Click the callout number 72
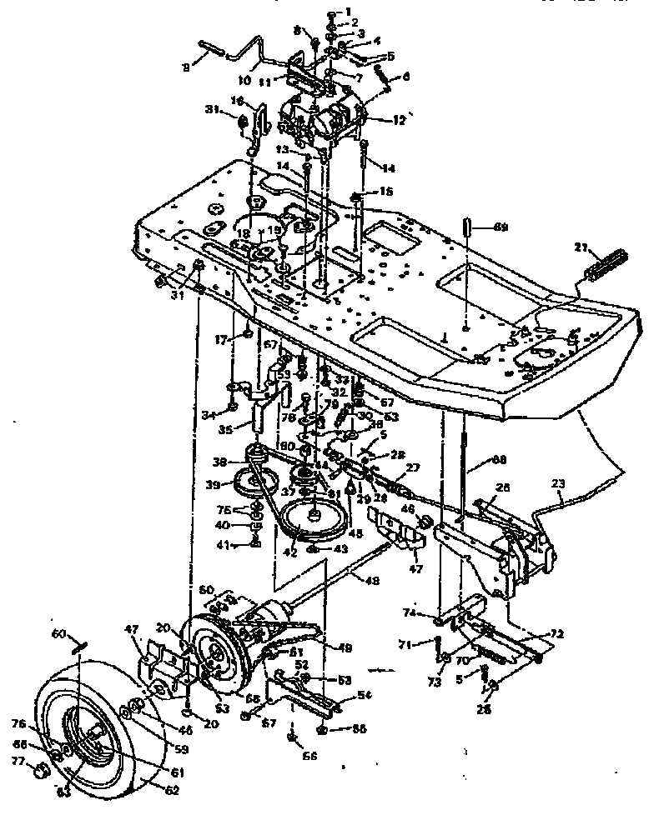pyautogui.click(x=555, y=635)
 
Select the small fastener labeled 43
pyautogui.click(x=311, y=548)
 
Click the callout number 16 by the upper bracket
pyautogui.click(x=238, y=101)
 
